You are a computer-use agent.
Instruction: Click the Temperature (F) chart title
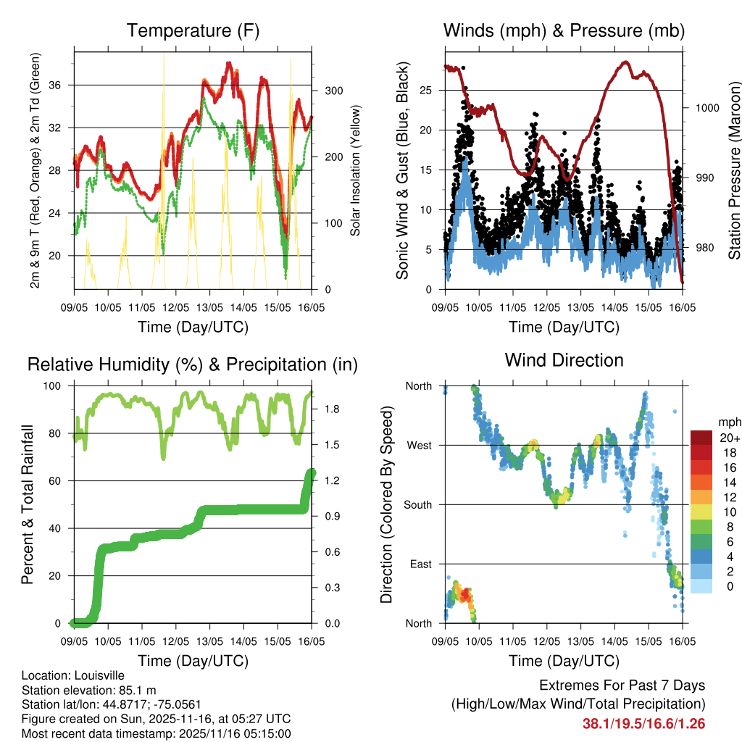coord(193,30)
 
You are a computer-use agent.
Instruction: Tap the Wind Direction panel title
coord(564,359)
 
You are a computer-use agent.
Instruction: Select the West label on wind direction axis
coord(419,445)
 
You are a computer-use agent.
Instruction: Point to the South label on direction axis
coord(418,504)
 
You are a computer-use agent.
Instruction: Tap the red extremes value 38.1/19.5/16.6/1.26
coord(643,723)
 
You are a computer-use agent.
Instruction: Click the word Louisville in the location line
coord(94,675)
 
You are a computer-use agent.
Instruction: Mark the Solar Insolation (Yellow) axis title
coord(356,171)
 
